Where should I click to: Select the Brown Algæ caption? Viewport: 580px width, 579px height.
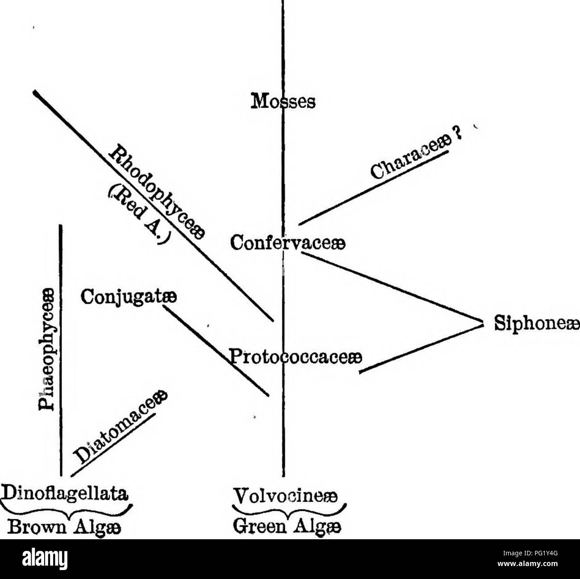(61, 524)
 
